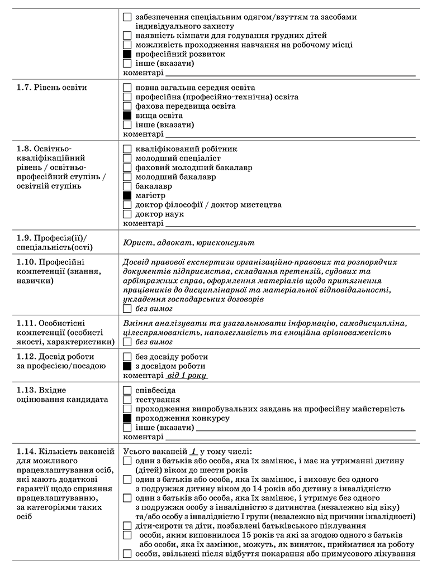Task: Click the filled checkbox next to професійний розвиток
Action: [127, 54]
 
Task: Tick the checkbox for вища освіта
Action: [127, 115]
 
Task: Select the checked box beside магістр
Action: [127, 195]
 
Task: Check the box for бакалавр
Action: [127, 186]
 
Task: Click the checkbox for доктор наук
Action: [127, 214]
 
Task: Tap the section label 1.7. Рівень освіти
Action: [51, 87]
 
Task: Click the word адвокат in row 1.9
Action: [168, 243]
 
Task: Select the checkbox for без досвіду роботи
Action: [127, 357]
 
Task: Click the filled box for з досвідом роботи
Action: [127, 366]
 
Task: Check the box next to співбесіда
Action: [127, 390]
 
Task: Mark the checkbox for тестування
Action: [127, 400]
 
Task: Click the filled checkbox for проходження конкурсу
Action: [127, 418]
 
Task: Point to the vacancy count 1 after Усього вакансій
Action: [193, 451]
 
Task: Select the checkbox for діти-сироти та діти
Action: [127, 525]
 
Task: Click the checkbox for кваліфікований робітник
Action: [127, 149]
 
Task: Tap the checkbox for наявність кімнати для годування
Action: [127, 35]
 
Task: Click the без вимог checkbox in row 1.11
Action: [127, 342]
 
